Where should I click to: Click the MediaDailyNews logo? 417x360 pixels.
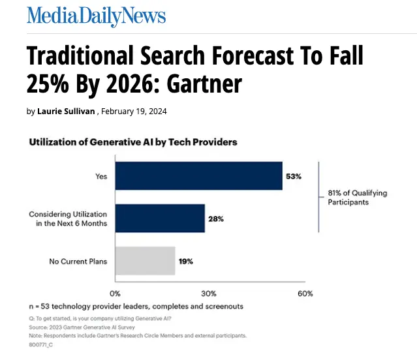tap(96, 16)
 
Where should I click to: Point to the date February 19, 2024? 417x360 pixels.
tap(134, 112)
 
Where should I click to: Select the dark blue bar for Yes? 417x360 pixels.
tap(198, 176)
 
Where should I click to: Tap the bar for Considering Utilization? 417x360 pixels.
tap(160, 218)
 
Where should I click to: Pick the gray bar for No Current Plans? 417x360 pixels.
tap(145, 261)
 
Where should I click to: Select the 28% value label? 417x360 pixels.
tap(216, 218)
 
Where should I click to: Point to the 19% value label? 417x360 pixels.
tap(185, 261)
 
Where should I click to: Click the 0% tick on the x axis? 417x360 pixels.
tap(115, 293)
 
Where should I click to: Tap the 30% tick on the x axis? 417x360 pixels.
tap(208, 293)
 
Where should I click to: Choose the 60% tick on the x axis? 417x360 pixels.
tap(305, 293)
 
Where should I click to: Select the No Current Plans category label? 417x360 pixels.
tap(78, 262)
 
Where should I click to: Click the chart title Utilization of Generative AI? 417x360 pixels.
tap(132, 142)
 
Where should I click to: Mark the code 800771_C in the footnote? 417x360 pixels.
tap(40, 344)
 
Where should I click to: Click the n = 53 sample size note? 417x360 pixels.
tap(136, 306)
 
